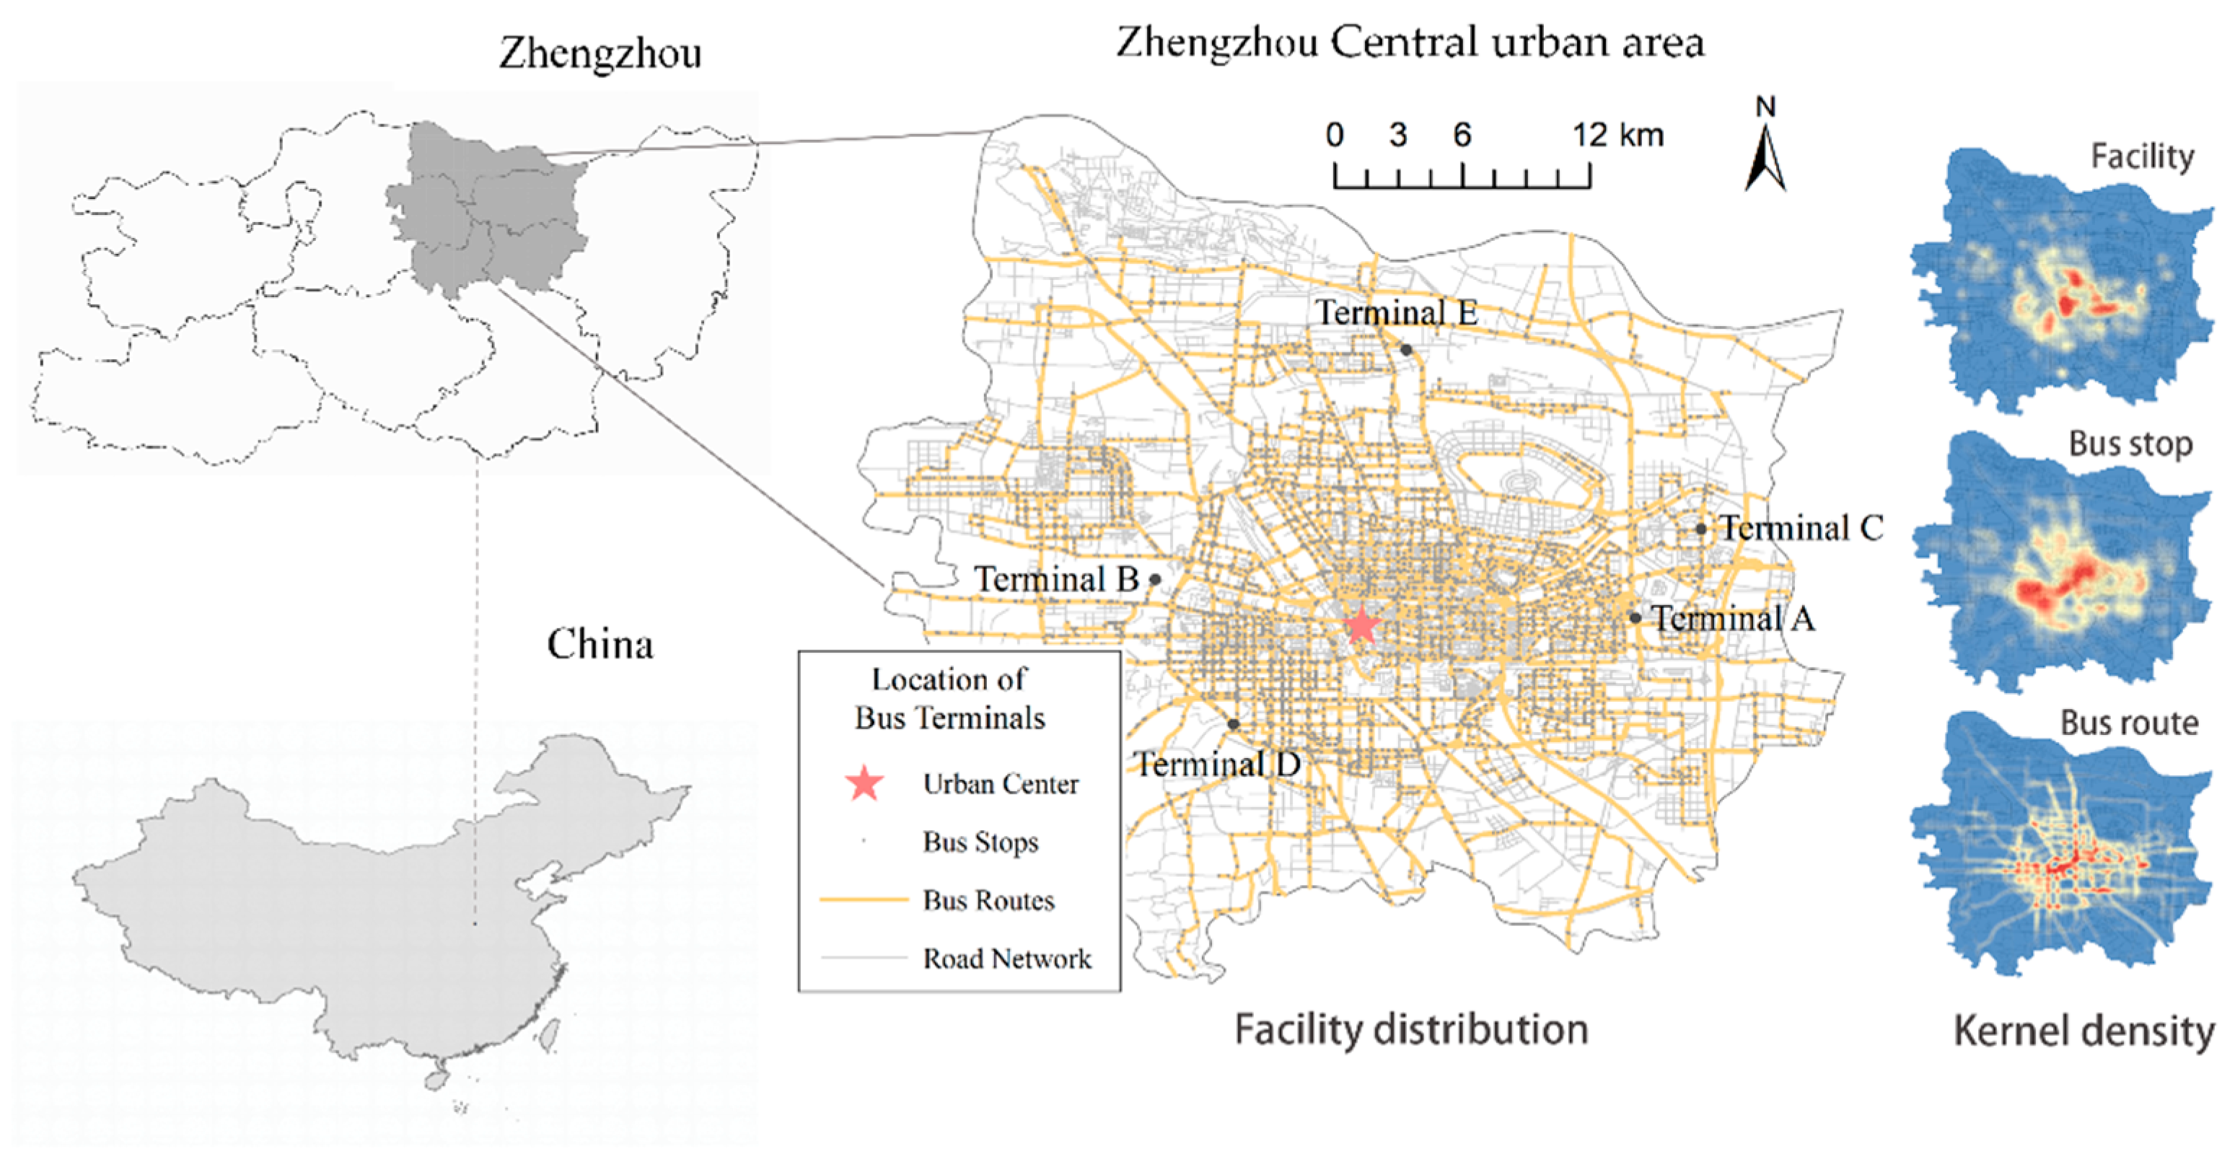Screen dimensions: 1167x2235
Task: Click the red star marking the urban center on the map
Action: (x=1361, y=625)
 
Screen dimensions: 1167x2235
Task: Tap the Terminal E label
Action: (x=1396, y=313)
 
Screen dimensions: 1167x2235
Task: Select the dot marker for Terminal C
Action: (x=1700, y=529)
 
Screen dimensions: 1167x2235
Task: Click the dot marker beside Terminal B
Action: (x=1155, y=578)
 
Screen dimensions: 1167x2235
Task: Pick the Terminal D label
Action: (x=1217, y=765)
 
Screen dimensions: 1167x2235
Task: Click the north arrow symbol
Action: (x=1765, y=157)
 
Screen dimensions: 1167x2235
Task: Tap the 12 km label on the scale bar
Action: (x=1618, y=136)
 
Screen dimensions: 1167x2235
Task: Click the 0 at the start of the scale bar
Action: (x=1335, y=136)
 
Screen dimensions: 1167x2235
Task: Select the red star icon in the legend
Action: (x=865, y=783)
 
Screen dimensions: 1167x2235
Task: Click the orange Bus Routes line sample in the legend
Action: (x=864, y=899)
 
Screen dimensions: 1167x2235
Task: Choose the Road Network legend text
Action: (x=1006, y=959)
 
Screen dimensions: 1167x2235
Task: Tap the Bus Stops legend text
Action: (x=980, y=842)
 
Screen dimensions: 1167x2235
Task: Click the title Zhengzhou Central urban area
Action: (x=1410, y=42)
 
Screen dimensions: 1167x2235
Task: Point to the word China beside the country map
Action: (x=600, y=645)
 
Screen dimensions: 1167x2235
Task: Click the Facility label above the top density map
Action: (x=2141, y=157)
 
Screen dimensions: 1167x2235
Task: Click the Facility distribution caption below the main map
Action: (x=1410, y=1030)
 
